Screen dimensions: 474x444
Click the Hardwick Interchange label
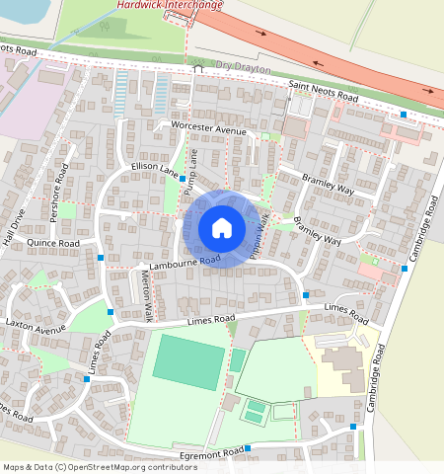[x=169, y=5]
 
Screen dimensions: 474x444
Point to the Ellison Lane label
[x=154, y=170]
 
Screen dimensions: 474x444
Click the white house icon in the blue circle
[x=222, y=228]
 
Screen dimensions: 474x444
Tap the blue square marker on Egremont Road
[x=248, y=449]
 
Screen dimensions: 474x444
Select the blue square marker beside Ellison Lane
[x=183, y=178]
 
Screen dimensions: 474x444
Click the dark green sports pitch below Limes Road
[x=188, y=361]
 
